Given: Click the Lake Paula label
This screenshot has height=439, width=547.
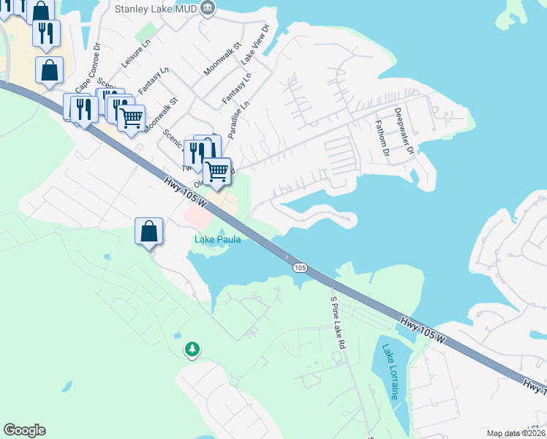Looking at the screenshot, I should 217,239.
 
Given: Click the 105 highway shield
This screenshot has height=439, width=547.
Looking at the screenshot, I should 300,269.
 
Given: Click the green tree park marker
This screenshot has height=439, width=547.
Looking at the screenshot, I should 192,350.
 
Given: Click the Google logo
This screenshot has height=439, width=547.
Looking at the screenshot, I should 24,430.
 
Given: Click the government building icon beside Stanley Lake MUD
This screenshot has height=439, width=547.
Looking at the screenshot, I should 208,9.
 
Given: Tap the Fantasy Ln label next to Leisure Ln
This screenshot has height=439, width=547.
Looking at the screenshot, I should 154,80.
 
